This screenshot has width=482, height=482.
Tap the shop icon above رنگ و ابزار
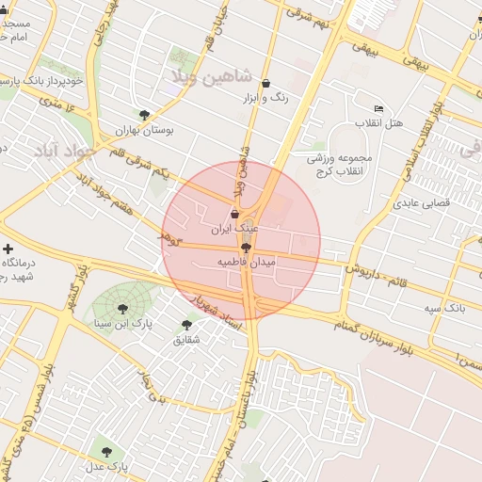click(265, 84)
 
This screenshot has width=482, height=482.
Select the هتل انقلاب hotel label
click(379, 123)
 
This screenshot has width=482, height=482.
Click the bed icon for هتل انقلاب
click(378, 108)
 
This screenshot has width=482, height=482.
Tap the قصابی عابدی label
click(422, 202)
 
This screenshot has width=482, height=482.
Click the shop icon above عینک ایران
click(233, 215)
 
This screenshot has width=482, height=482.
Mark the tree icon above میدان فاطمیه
click(246, 248)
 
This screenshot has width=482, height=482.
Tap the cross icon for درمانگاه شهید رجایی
click(8, 249)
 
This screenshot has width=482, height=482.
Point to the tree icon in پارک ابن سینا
click(122, 308)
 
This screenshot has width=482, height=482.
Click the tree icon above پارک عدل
click(105, 451)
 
